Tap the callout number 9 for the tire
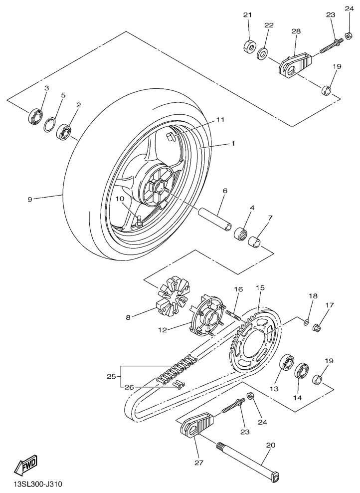pyautogui.click(x=30, y=199)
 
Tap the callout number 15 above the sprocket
pyautogui.click(x=260, y=288)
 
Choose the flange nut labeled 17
pyautogui.click(x=317, y=328)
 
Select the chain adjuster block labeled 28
pyautogui.click(x=295, y=64)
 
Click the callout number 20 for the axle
pyautogui.click(x=270, y=445)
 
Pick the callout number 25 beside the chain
pyautogui.click(x=112, y=376)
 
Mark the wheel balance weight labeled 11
pyautogui.click(x=170, y=137)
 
